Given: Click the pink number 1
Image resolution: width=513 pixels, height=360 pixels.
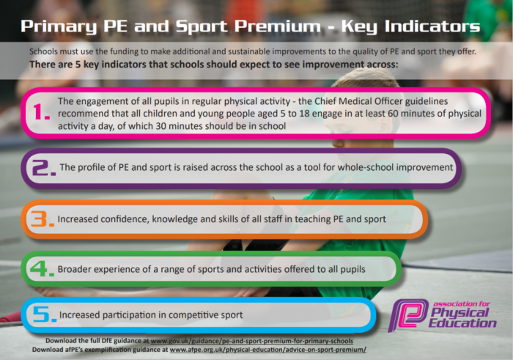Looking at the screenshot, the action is click(x=39, y=111).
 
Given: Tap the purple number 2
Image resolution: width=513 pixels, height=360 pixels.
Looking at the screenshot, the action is click(x=40, y=168).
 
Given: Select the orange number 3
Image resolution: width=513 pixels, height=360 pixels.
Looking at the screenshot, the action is click(x=40, y=218).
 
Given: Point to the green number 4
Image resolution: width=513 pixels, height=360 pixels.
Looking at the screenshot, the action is click(x=39, y=268).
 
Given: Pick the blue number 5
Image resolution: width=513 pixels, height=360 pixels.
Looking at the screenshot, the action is click(x=41, y=315).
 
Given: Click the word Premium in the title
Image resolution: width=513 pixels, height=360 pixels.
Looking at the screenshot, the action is click(x=278, y=26).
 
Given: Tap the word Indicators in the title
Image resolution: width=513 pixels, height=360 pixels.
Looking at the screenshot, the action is click(x=432, y=26).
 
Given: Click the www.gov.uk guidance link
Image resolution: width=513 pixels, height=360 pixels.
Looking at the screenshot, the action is click(x=251, y=341).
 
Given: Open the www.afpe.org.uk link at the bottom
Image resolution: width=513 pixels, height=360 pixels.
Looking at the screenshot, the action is click(x=268, y=350).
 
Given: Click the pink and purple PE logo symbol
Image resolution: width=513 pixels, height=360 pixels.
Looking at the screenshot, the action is click(x=408, y=315).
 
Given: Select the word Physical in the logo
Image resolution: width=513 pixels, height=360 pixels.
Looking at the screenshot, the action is click(x=460, y=313).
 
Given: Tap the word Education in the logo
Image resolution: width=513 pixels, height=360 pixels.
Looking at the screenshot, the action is click(x=462, y=323).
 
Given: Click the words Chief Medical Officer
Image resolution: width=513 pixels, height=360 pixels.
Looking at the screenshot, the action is click(x=358, y=101).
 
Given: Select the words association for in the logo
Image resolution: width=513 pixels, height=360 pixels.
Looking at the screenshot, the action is click(x=462, y=304).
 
